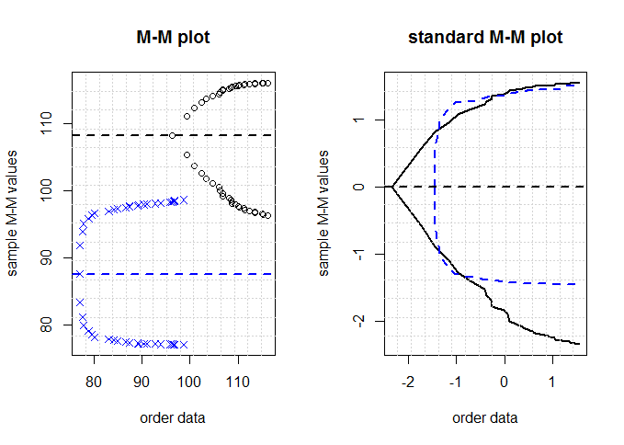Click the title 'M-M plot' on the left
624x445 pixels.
(x=173, y=38)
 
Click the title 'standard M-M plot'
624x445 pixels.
(x=485, y=38)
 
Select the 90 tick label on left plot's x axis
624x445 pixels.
(x=142, y=378)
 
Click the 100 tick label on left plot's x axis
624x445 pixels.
(x=190, y=378)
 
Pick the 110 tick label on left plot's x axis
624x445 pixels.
(x=238, y=378)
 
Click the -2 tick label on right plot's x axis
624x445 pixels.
(x=407, y=378)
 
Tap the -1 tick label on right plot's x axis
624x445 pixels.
(x=455, y=378)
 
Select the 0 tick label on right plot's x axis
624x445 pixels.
(x=505, y=378)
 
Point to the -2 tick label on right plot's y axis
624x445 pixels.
(x=361, y=320)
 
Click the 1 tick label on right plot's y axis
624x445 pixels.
(x=361, y=120)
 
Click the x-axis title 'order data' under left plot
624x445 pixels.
(x=173, y=417)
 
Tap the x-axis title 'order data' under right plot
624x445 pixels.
(x=485, y=417)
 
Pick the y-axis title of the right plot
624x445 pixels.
(x=324, y=213)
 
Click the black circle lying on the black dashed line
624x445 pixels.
(x=172, y=136)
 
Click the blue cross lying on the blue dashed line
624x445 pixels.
(x=79, y=274)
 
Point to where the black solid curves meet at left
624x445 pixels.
(x=392, y=187)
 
